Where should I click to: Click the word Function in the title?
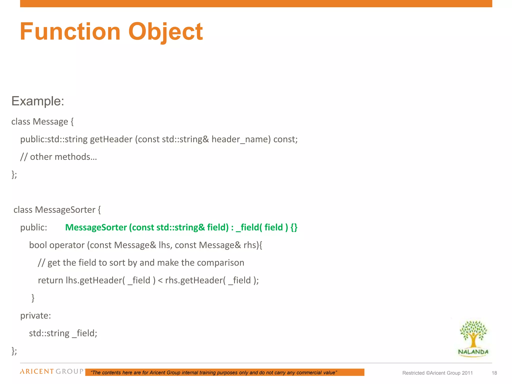[x=70, y=32]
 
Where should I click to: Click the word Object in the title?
[x=165, y=32]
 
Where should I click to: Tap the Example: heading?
[x=38, y=101]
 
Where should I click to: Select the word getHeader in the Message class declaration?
[x=111, y=139]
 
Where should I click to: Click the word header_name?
[x=241, y=139]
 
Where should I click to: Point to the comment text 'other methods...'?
[x=63, y=157]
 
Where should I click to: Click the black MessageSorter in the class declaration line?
[x=65, y=210]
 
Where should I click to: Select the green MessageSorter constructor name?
[x=96, y=227]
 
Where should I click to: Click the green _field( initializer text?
[x=249, y=227]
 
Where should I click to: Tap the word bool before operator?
[x=38, y=245]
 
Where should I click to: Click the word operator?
[x=67, y=245]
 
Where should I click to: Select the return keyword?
[x=50, y=280]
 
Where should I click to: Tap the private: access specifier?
[x=35, y=316]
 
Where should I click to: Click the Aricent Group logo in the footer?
[x=52, y=371]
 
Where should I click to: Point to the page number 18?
[x=494, y=373]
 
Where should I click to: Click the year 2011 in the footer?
[x=467, y=373]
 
